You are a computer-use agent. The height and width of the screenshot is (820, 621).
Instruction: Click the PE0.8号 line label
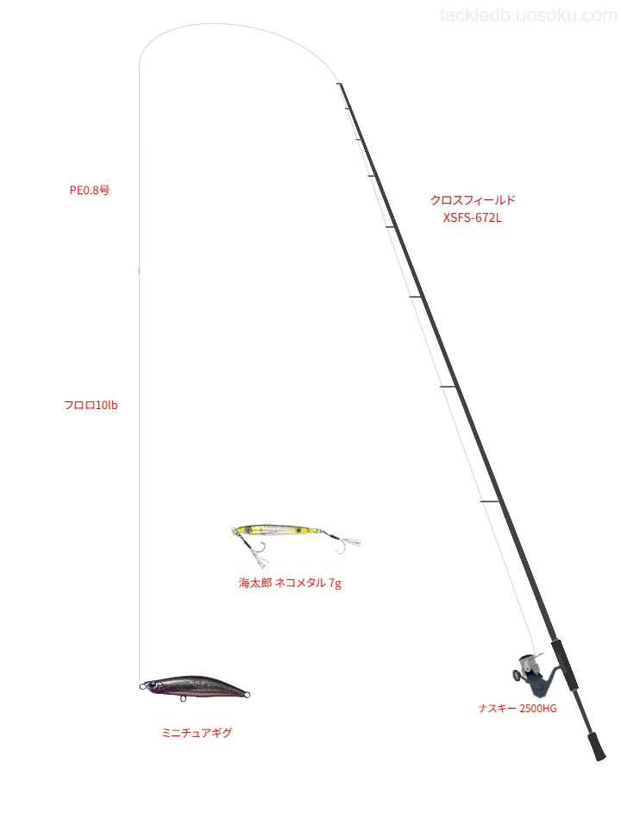tap(90, 191)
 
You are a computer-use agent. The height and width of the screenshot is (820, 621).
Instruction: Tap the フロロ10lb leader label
tap(91, 406)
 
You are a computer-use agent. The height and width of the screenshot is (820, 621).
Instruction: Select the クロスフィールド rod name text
tap(473, 199)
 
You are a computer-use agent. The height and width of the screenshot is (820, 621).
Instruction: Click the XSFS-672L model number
tap(473, 218)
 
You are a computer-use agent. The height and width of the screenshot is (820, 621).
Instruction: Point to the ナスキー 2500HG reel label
tap(517, 709)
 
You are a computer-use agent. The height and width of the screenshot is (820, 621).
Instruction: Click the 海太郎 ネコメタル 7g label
tap(290, 583)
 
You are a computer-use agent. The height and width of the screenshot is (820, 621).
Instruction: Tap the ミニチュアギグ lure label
tap(197, 733)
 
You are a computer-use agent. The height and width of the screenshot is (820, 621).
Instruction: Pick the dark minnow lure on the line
tap(194, 687)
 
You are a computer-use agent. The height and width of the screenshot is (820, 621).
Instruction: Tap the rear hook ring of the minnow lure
tap(248, 695)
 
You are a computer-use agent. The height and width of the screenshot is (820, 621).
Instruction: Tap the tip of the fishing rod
tap(340, 84)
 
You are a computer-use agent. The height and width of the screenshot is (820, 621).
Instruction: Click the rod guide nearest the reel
tap(490, 502)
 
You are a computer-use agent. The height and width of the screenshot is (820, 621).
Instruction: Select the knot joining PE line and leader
tap(139, 270)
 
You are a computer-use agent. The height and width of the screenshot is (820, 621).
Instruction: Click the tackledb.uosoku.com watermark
tap(528, 16)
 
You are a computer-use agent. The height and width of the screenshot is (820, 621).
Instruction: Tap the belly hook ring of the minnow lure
tap(183, 698)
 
